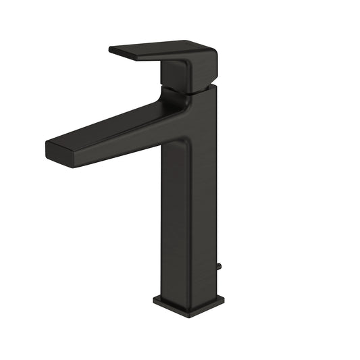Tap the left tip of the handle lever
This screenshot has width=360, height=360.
pos(111,49)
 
